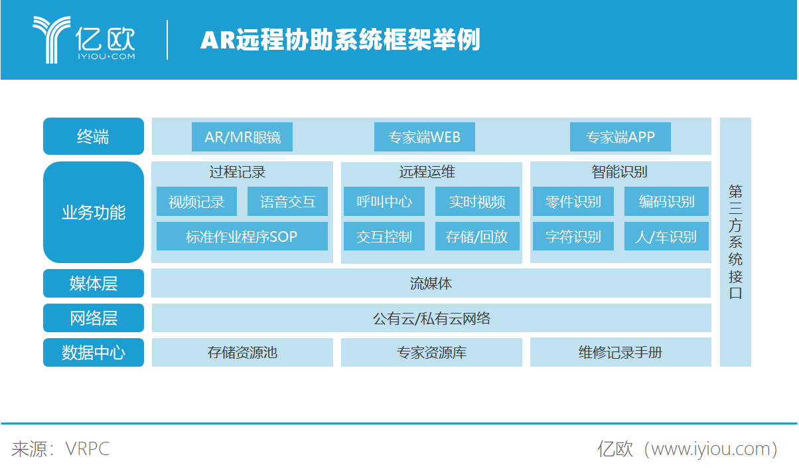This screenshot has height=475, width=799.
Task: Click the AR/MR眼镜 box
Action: tap(242, 137)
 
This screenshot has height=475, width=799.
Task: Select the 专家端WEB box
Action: tap(425, 137)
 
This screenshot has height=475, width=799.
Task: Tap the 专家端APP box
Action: tap(620, 137)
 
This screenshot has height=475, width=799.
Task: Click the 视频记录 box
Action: tap(196, 201)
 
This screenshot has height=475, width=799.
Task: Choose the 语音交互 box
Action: tap(287, 201)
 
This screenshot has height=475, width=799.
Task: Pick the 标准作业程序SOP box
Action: tap(242, 236)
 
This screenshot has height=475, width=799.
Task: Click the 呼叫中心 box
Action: tap(384, 201)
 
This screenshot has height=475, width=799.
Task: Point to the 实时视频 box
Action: tap(477, 201)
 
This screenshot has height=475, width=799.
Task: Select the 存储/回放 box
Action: tap(477, 236)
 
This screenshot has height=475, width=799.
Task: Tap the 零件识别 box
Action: tap(573, 201)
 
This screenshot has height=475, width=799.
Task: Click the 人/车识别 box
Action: tap(666, 236)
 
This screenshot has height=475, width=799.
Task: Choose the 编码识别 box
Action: tap(666, 201)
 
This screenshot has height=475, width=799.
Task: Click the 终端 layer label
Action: tap(94, 136)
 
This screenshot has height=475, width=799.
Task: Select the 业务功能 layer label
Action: tap(94, 212)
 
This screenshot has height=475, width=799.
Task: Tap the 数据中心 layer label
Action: tap(94, 352)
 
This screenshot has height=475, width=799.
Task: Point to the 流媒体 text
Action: tap(431, 284)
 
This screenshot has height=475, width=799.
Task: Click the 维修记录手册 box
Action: tap(620, 352)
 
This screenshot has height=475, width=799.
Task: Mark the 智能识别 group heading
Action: tap(620, 172)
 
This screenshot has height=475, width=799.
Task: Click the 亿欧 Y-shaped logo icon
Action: tap(52, 40)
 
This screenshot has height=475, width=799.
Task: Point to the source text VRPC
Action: tap(88, 449)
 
